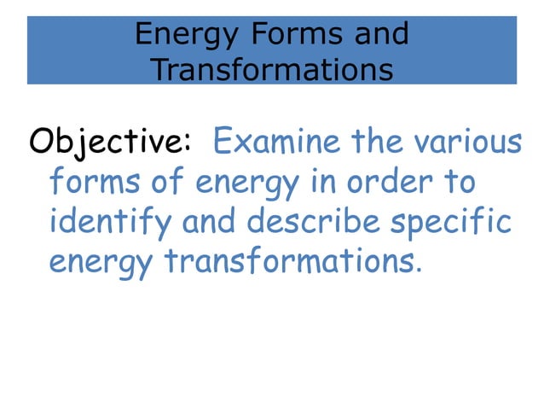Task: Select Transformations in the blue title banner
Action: point(271,69)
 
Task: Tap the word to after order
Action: point(460,182)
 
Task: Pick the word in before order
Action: point(323,182)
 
